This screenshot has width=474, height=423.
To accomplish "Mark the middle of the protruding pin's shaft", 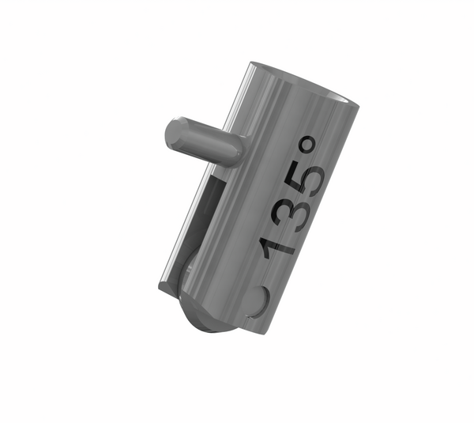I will pyautogui.click(x=205, y=142).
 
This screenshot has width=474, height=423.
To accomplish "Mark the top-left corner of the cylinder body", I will pyautogui.click(x=251, y=62).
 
